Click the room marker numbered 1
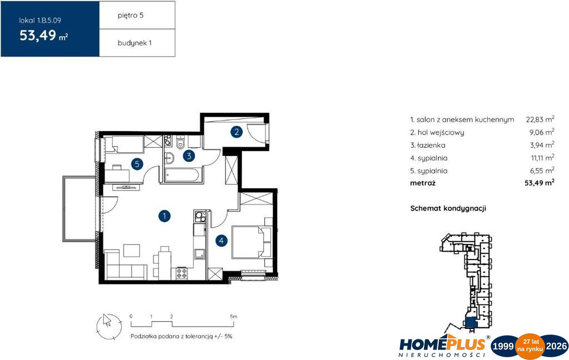(164, 216)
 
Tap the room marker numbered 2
(237, 132)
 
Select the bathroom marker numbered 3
(189, 156)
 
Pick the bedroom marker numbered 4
(221, 240)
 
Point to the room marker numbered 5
(137, 164)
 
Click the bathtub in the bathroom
(182, 174)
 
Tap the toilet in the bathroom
(181, 143)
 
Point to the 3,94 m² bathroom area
(542, 145)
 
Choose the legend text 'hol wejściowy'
(441, 132)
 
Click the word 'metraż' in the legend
(422, 183)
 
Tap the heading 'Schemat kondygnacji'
(448, 208)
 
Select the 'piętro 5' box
(137, 15)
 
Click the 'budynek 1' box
(137, 43)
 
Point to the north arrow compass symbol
(109, 327)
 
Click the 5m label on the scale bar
(233, 317)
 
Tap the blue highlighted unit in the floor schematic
(470, 322)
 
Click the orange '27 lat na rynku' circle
(530, 346)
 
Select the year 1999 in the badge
(503, 346)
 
